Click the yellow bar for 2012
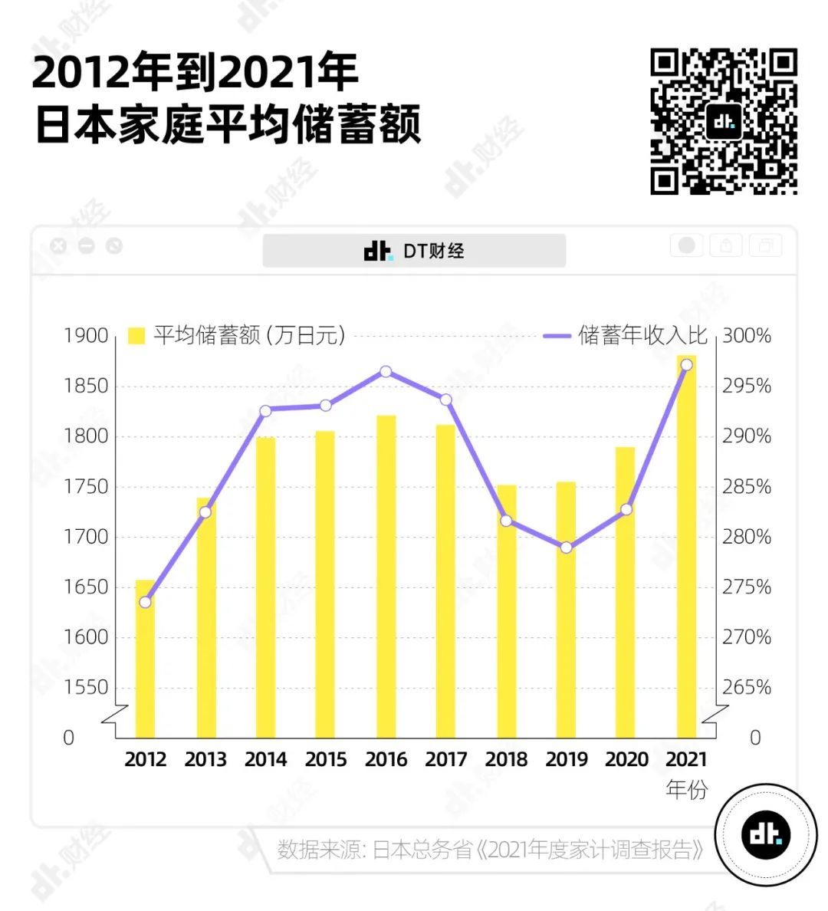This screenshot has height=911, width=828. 145,659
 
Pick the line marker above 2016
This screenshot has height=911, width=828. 386,372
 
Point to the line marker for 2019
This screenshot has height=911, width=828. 566,548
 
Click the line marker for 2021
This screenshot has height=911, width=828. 686,364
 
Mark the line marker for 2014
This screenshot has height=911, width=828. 265,411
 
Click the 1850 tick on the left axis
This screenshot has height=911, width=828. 86,386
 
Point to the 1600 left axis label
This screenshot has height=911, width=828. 86,637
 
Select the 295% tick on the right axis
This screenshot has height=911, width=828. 747,386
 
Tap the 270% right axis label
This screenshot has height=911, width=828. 747,637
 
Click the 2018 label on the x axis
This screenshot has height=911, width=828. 506,759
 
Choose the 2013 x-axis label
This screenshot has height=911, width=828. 205,759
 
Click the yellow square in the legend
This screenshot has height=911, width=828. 136,336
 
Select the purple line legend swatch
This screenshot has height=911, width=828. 557,336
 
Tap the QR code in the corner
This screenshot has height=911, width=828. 724,121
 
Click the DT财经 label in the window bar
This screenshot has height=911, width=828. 415,251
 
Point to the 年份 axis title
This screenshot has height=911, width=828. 686,789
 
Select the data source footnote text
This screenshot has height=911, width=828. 490,850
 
